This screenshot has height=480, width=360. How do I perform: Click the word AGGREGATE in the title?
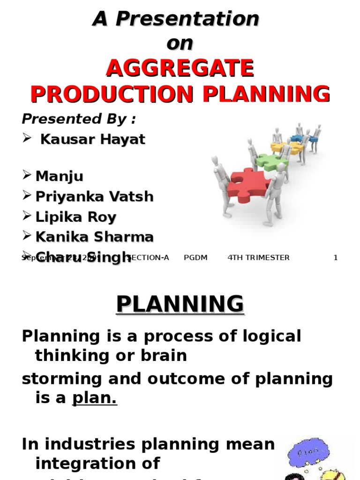click(180, 69)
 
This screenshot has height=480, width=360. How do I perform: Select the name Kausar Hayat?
click(93, 139)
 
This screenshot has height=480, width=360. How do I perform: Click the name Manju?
click(60, 176)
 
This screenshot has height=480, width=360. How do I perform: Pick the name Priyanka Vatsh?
click(94, 196)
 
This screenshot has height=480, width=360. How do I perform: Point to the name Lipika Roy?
click(76, 217)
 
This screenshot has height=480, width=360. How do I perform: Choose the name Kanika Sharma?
click(94, 237)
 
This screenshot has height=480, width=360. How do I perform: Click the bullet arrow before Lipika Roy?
click(27, 216)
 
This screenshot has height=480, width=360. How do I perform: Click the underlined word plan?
click(94, 398)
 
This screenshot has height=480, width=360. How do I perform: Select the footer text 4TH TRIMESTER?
click(258, 257)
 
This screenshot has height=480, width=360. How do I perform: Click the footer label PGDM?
click(196, 257)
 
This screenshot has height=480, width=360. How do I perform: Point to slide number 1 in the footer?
click(335, 257)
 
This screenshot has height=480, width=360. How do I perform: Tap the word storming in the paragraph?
click(57, 378)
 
